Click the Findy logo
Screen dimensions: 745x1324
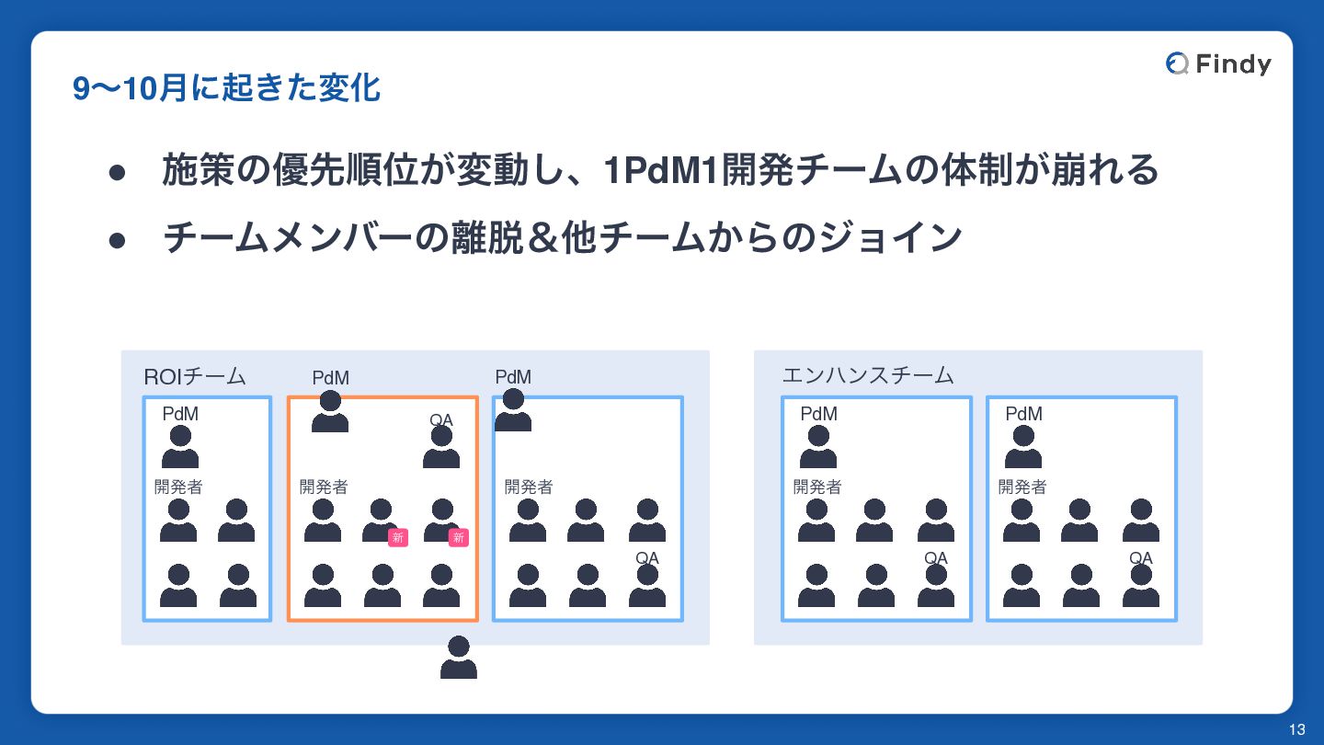click(x=1218, y=63)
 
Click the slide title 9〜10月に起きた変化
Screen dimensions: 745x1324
click(x=226, y=88)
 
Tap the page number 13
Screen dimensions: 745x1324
click(x=1296, y=730)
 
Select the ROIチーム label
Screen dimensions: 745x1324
click(x=195, y=376)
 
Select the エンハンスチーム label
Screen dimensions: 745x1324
click(x=867, y=375)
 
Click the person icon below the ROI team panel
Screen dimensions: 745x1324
click(x=458, y=658)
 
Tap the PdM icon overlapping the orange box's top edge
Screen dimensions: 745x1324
click(x=330, y=411)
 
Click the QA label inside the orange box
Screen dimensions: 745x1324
click(x=441, y=419)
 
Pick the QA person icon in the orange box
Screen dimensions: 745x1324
click(x=441, y=448)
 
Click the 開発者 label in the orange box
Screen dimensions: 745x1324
click(x=324, y=487)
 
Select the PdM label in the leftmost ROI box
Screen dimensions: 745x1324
click(x=180, y=414)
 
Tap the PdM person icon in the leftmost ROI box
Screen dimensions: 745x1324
click(x=180, y=447)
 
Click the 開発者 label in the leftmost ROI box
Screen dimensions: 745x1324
click(x=178, y=487)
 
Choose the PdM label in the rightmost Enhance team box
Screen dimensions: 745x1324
click(x=1023, y=414)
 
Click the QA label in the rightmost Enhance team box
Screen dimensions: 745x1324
click(x=1140, y=557)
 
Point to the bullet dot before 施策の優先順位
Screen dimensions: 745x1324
click(x=117, y=172)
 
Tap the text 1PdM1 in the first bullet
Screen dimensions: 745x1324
click(x=659, y=170)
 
